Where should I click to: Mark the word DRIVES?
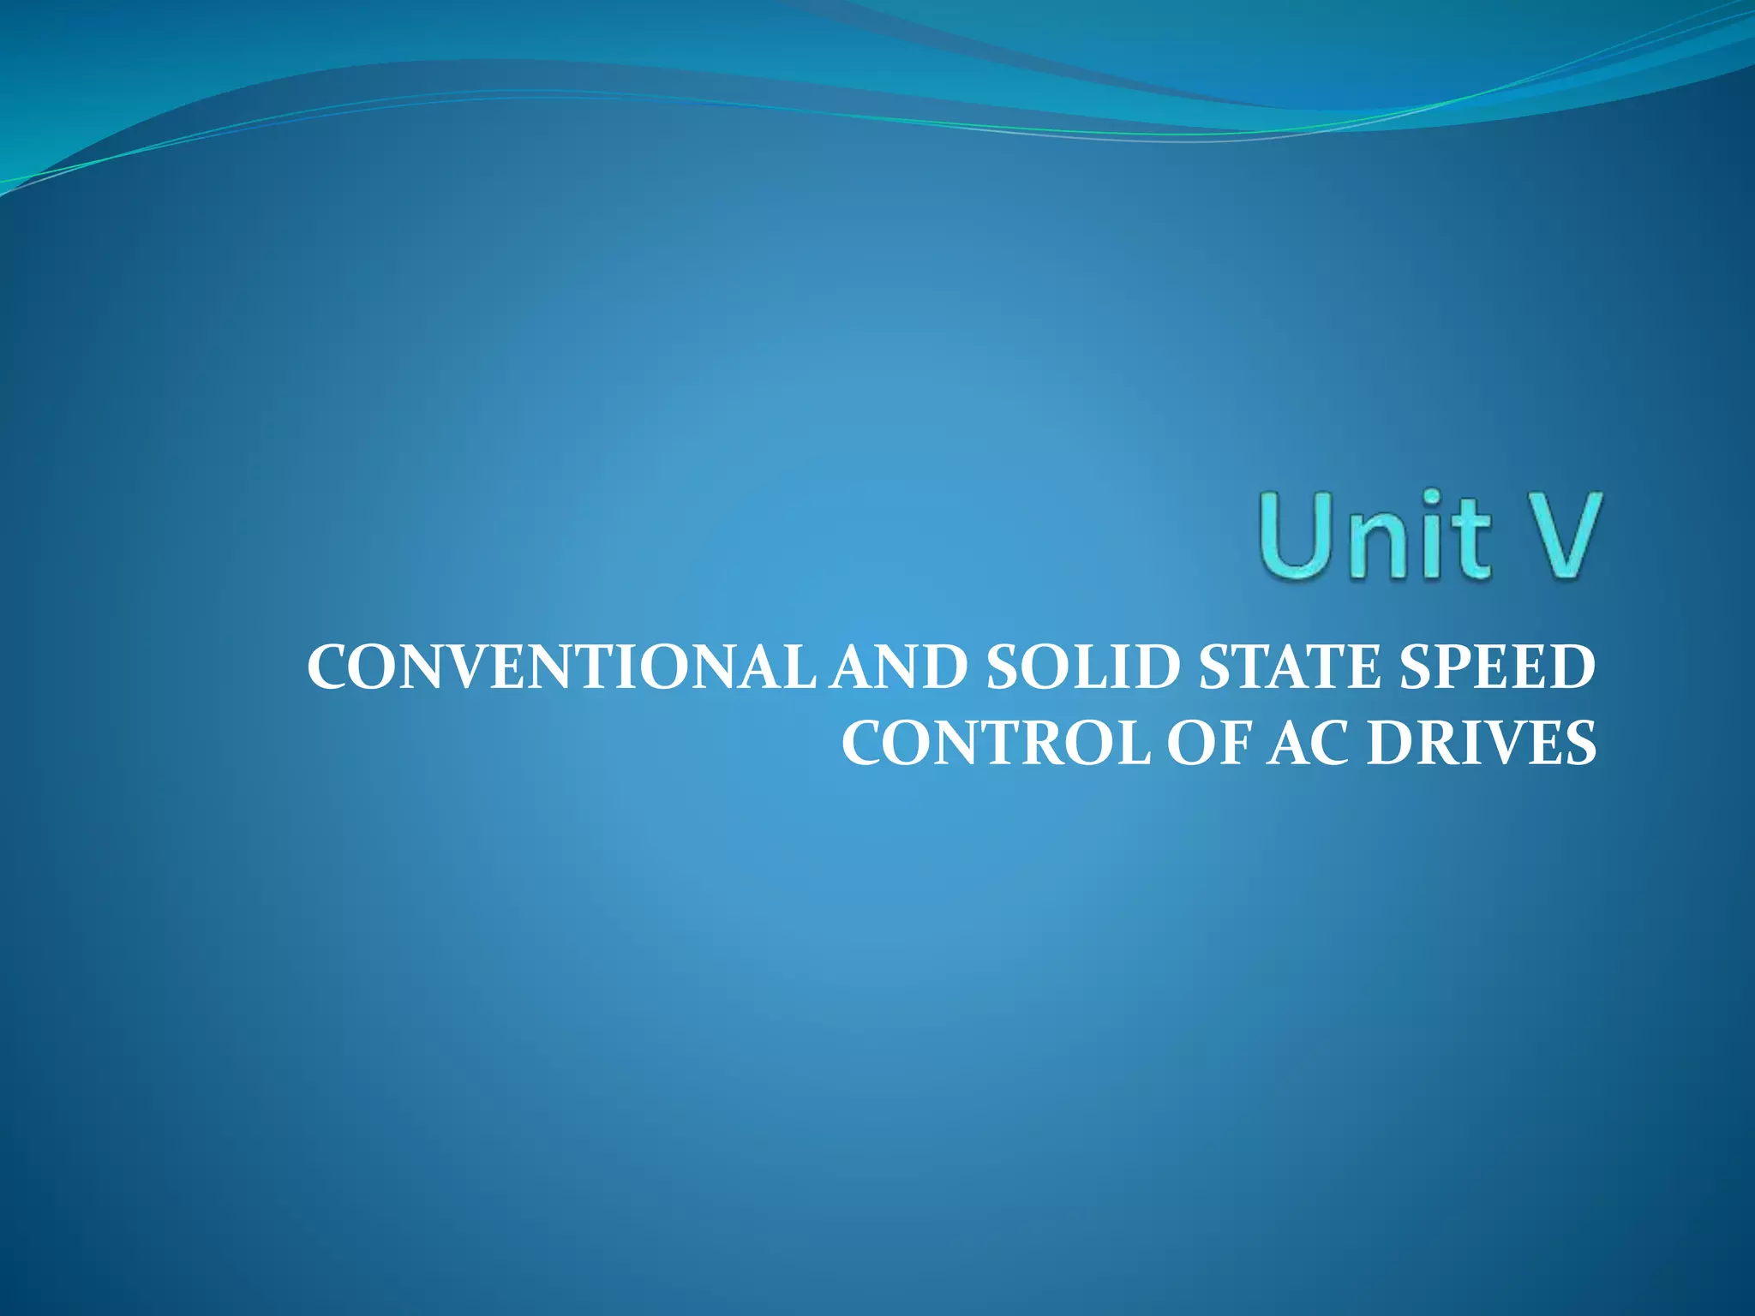click(x=1482, y=743)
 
